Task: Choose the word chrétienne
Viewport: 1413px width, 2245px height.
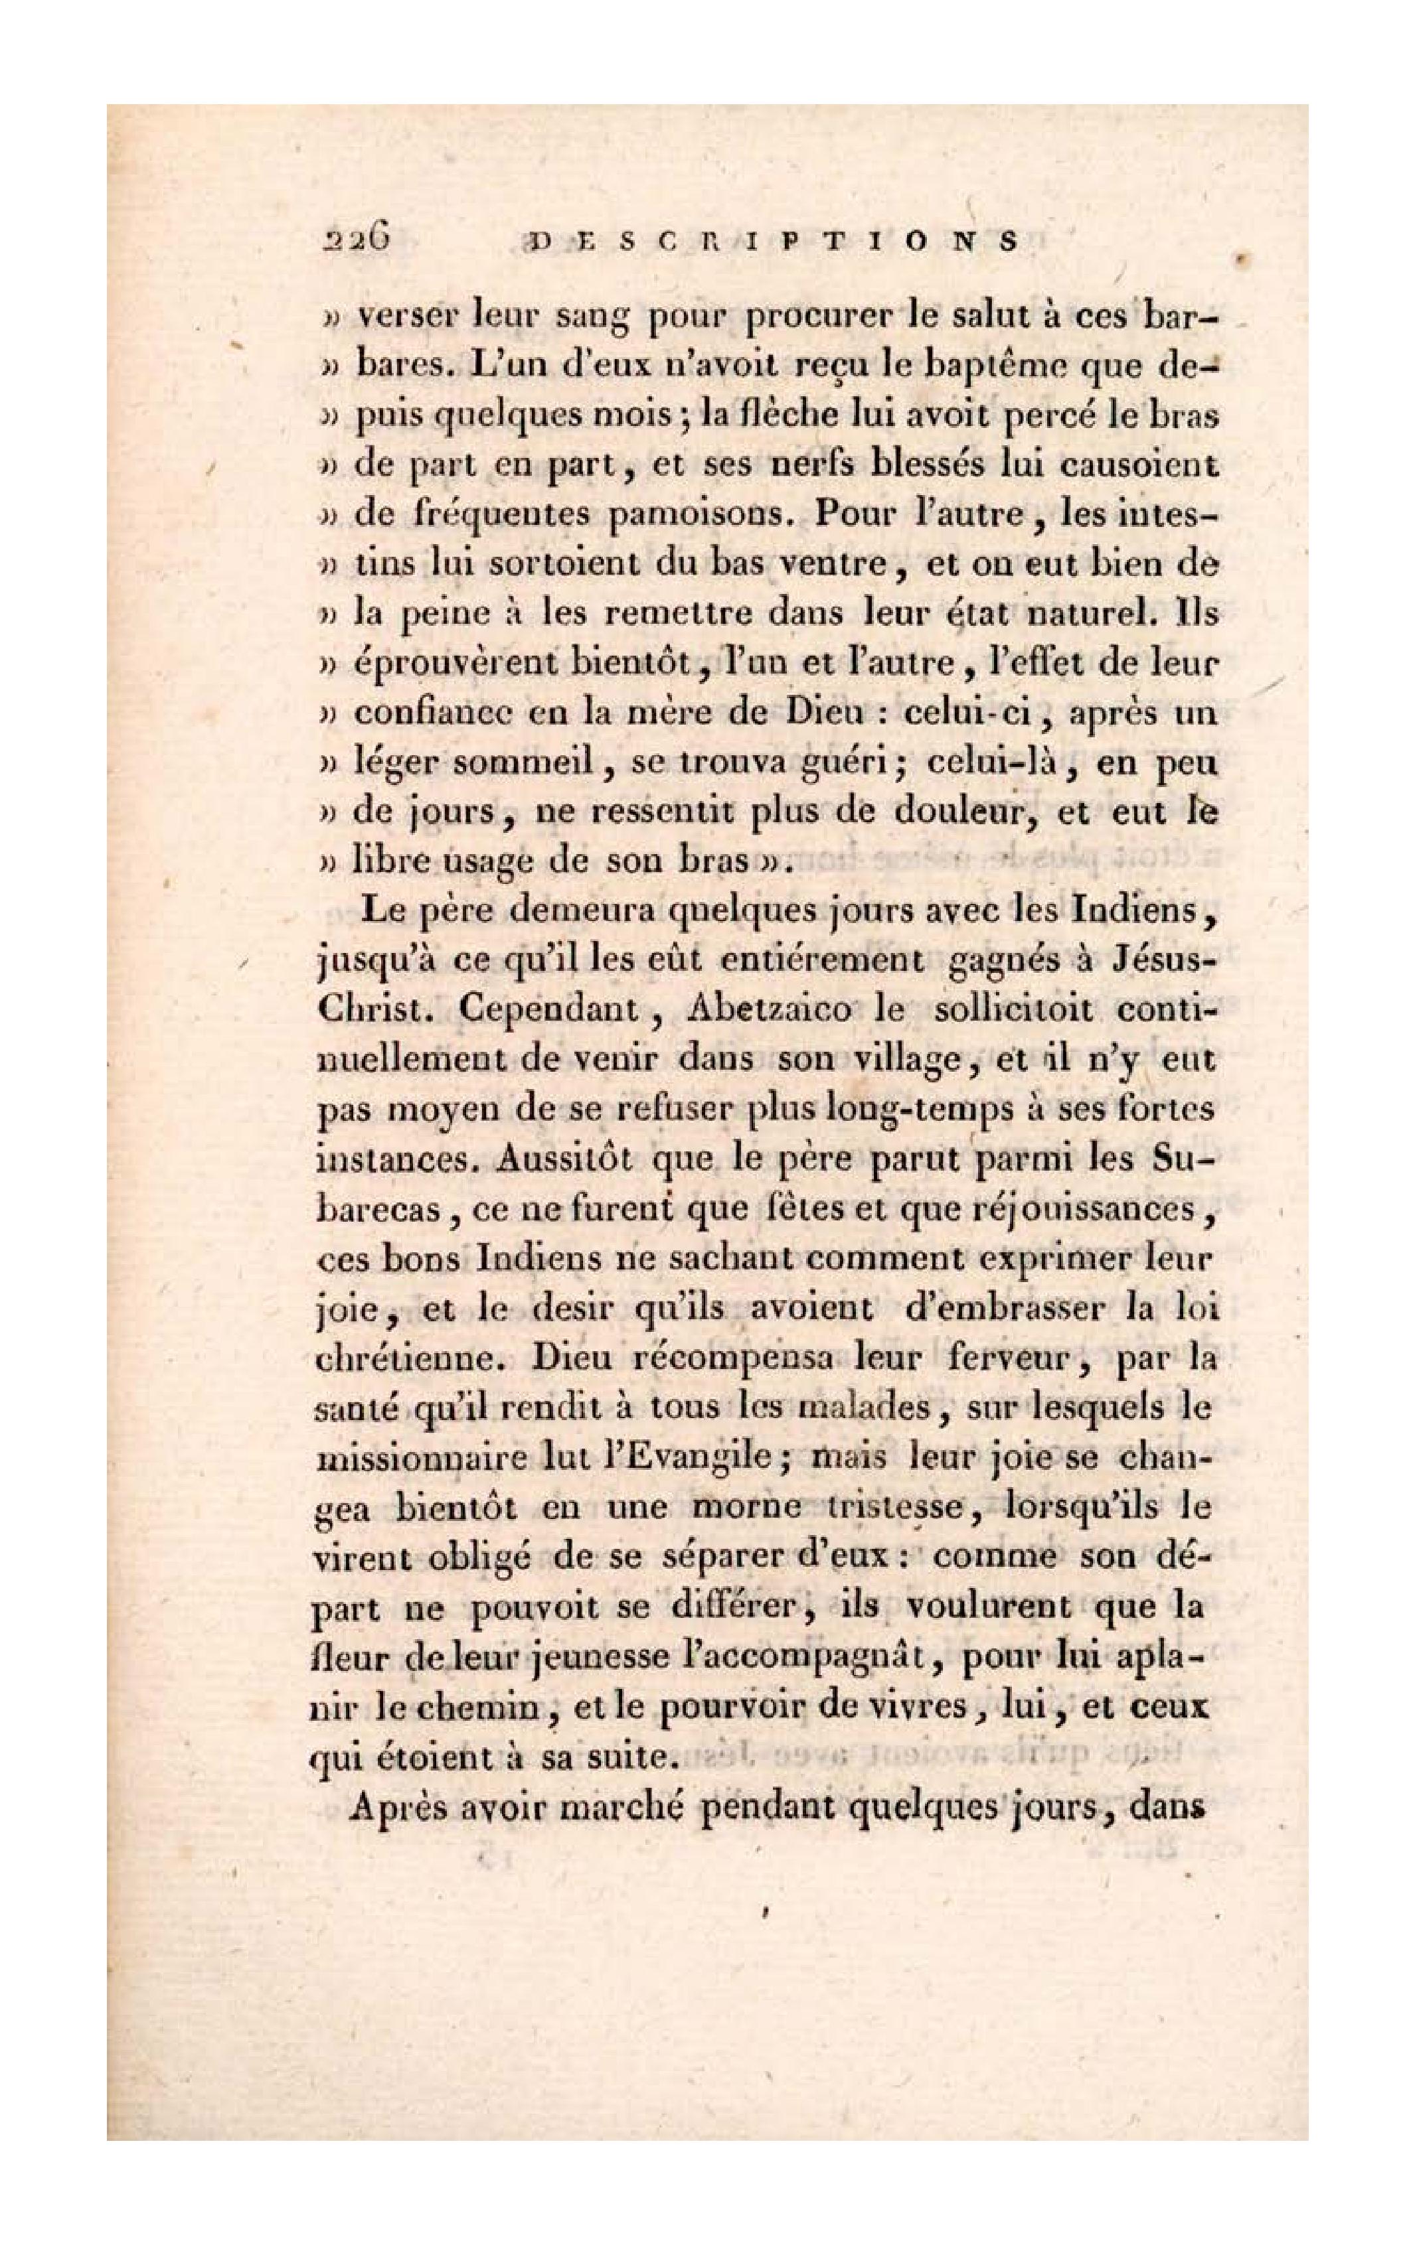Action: click(406, 1360)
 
